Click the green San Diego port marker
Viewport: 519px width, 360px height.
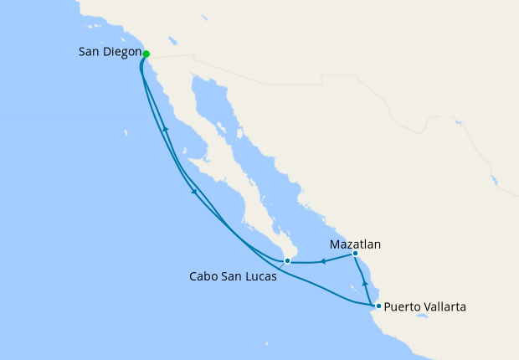146,54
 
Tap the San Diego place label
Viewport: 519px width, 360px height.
109,53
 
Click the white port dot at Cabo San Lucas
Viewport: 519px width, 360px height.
287,261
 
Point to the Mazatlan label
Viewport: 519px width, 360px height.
355,245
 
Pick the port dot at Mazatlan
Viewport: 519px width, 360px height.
355,254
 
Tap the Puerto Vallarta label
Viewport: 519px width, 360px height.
425,306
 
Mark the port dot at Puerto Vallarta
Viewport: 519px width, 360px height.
378,306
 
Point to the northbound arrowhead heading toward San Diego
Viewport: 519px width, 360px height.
165,129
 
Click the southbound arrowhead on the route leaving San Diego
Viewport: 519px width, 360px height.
194,192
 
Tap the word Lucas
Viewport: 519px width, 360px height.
260,275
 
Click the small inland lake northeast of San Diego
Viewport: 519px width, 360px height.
172,39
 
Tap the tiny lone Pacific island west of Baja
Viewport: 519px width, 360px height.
126,132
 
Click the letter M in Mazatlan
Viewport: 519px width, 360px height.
334,245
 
